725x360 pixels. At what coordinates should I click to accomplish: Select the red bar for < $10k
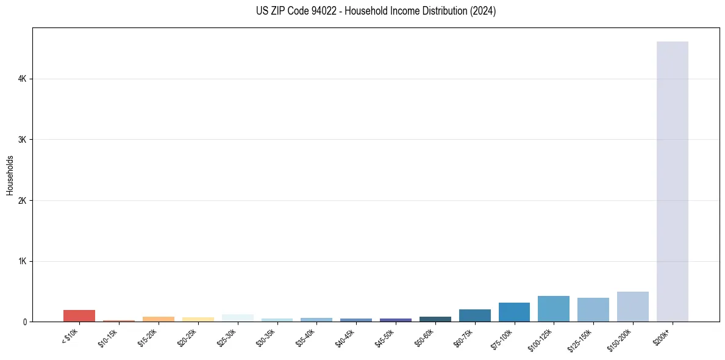79,315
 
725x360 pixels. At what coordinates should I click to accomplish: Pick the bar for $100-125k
554,309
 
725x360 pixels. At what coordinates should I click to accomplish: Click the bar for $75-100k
514,312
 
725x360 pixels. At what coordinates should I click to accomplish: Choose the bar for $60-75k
474,315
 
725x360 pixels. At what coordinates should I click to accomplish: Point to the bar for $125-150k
593,309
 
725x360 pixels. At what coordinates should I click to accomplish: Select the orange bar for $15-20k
158,319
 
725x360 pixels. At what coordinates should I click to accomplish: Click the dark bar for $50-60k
435,319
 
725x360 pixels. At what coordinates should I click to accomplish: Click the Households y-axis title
10,175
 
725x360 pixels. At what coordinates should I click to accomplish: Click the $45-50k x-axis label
386,337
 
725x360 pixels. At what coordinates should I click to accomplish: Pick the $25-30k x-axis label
228,337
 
